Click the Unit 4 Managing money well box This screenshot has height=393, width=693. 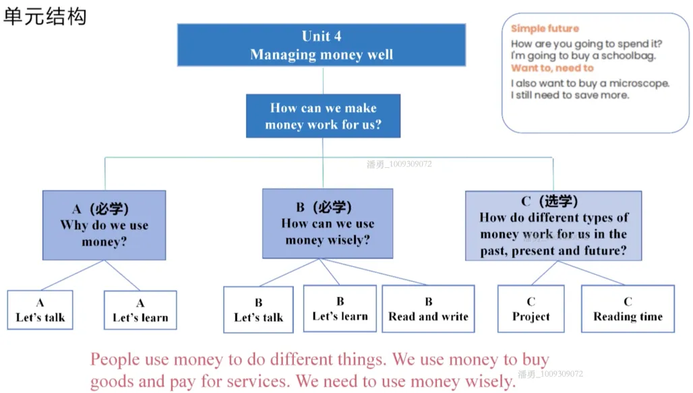(322, 45)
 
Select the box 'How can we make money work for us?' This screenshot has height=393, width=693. (323, 116)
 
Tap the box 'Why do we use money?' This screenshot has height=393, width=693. (104, 225)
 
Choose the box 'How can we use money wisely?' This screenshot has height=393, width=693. (328, 224)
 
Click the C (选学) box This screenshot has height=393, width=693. (553, 226)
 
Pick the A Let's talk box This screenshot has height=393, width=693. (40, 310)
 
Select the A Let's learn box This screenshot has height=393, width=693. (140, 310)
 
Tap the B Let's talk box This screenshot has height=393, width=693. (259, 309)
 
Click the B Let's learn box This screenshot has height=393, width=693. (340, 309)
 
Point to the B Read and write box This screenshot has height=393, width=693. (428, 309)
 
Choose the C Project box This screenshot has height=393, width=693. (531, 309)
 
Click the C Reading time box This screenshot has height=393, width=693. (628, 309)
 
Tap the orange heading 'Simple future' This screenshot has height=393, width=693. (545, 29)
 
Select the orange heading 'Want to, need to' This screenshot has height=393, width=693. (552, 68)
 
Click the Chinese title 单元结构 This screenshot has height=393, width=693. (44, 17)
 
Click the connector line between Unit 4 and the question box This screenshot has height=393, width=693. (323, 80)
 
